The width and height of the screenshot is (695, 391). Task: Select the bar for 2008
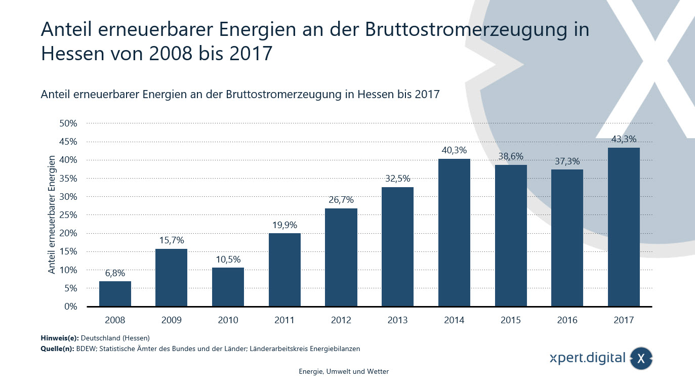[x=115, y=294]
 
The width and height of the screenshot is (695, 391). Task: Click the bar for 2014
[x=454, y=233]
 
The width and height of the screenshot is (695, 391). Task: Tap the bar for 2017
[x=624, y=227]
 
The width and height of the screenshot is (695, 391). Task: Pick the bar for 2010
[x=228, y=287]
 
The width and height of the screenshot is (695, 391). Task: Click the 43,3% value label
[x=624, y=139]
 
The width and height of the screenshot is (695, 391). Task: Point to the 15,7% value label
[x=172, y=240]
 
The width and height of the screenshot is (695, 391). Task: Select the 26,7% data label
[x=341, y=200]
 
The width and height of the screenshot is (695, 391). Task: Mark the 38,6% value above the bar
[x=511, y=156]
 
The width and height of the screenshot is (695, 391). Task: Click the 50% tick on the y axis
[x=68, y=123]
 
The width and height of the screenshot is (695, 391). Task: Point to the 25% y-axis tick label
[x=68, y=215]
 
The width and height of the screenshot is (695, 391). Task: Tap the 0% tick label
[x=70, y=307]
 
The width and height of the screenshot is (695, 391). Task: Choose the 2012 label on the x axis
[x=341, y=320]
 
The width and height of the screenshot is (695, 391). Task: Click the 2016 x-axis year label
[x=567, y=320]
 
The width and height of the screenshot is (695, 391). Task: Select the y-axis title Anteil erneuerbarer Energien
[x=52, y=215]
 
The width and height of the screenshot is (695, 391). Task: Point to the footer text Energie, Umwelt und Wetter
[x=344, y=372]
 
